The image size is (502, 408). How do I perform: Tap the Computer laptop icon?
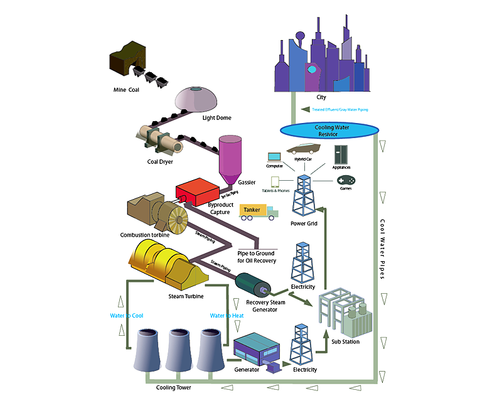(x=274, y=157)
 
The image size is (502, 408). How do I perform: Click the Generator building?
(x=254, y=349)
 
